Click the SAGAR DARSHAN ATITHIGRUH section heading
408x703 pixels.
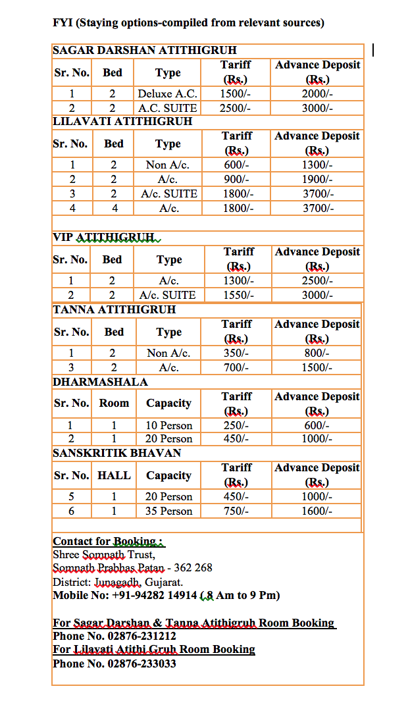[x=144, y=50]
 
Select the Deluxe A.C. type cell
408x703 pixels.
[x=168, y=93]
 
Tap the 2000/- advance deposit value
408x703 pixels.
[x=317, y=93]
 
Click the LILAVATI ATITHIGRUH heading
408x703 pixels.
[x=122, y=122]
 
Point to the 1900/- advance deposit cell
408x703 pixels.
[x=317, y=179]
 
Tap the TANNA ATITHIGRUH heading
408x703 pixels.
[x=114, y=309]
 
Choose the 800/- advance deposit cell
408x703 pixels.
[x=317, y=353]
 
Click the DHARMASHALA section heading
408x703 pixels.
[x=100, y=382]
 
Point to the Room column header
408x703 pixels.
[x=114, y=403]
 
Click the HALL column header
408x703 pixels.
[x=114, y=475]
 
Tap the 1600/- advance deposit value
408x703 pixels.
[x=317, y=511]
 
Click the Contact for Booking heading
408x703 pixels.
[x=108, y=542]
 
